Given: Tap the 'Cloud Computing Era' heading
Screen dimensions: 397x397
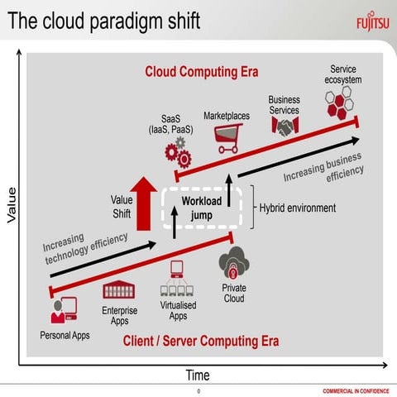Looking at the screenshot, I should point(201,72).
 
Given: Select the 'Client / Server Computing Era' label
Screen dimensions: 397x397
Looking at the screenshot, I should point(201,341).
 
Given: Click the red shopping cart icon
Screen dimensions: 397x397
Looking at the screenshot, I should point(227,138).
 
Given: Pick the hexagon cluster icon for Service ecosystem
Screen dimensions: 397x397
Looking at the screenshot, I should point(340,105).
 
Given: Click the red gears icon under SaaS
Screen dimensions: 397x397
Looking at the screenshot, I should point(177,154).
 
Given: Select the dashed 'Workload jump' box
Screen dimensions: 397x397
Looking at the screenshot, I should point(202,208).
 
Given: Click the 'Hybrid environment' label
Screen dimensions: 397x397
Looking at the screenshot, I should point(299,208).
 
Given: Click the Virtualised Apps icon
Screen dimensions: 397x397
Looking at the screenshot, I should point(177,281).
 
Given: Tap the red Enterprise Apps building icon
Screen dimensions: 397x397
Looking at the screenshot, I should point(119,290).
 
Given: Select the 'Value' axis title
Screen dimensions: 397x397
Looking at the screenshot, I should point(12,204).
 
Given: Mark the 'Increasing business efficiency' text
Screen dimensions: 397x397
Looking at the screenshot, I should point(323,169).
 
